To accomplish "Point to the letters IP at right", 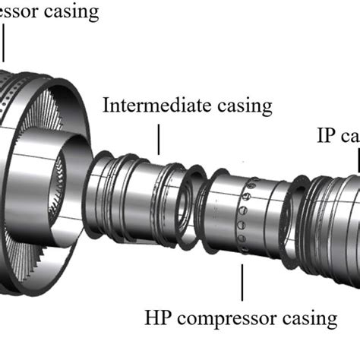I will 325,135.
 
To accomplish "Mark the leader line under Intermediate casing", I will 160,140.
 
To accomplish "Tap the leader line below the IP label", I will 357,161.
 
